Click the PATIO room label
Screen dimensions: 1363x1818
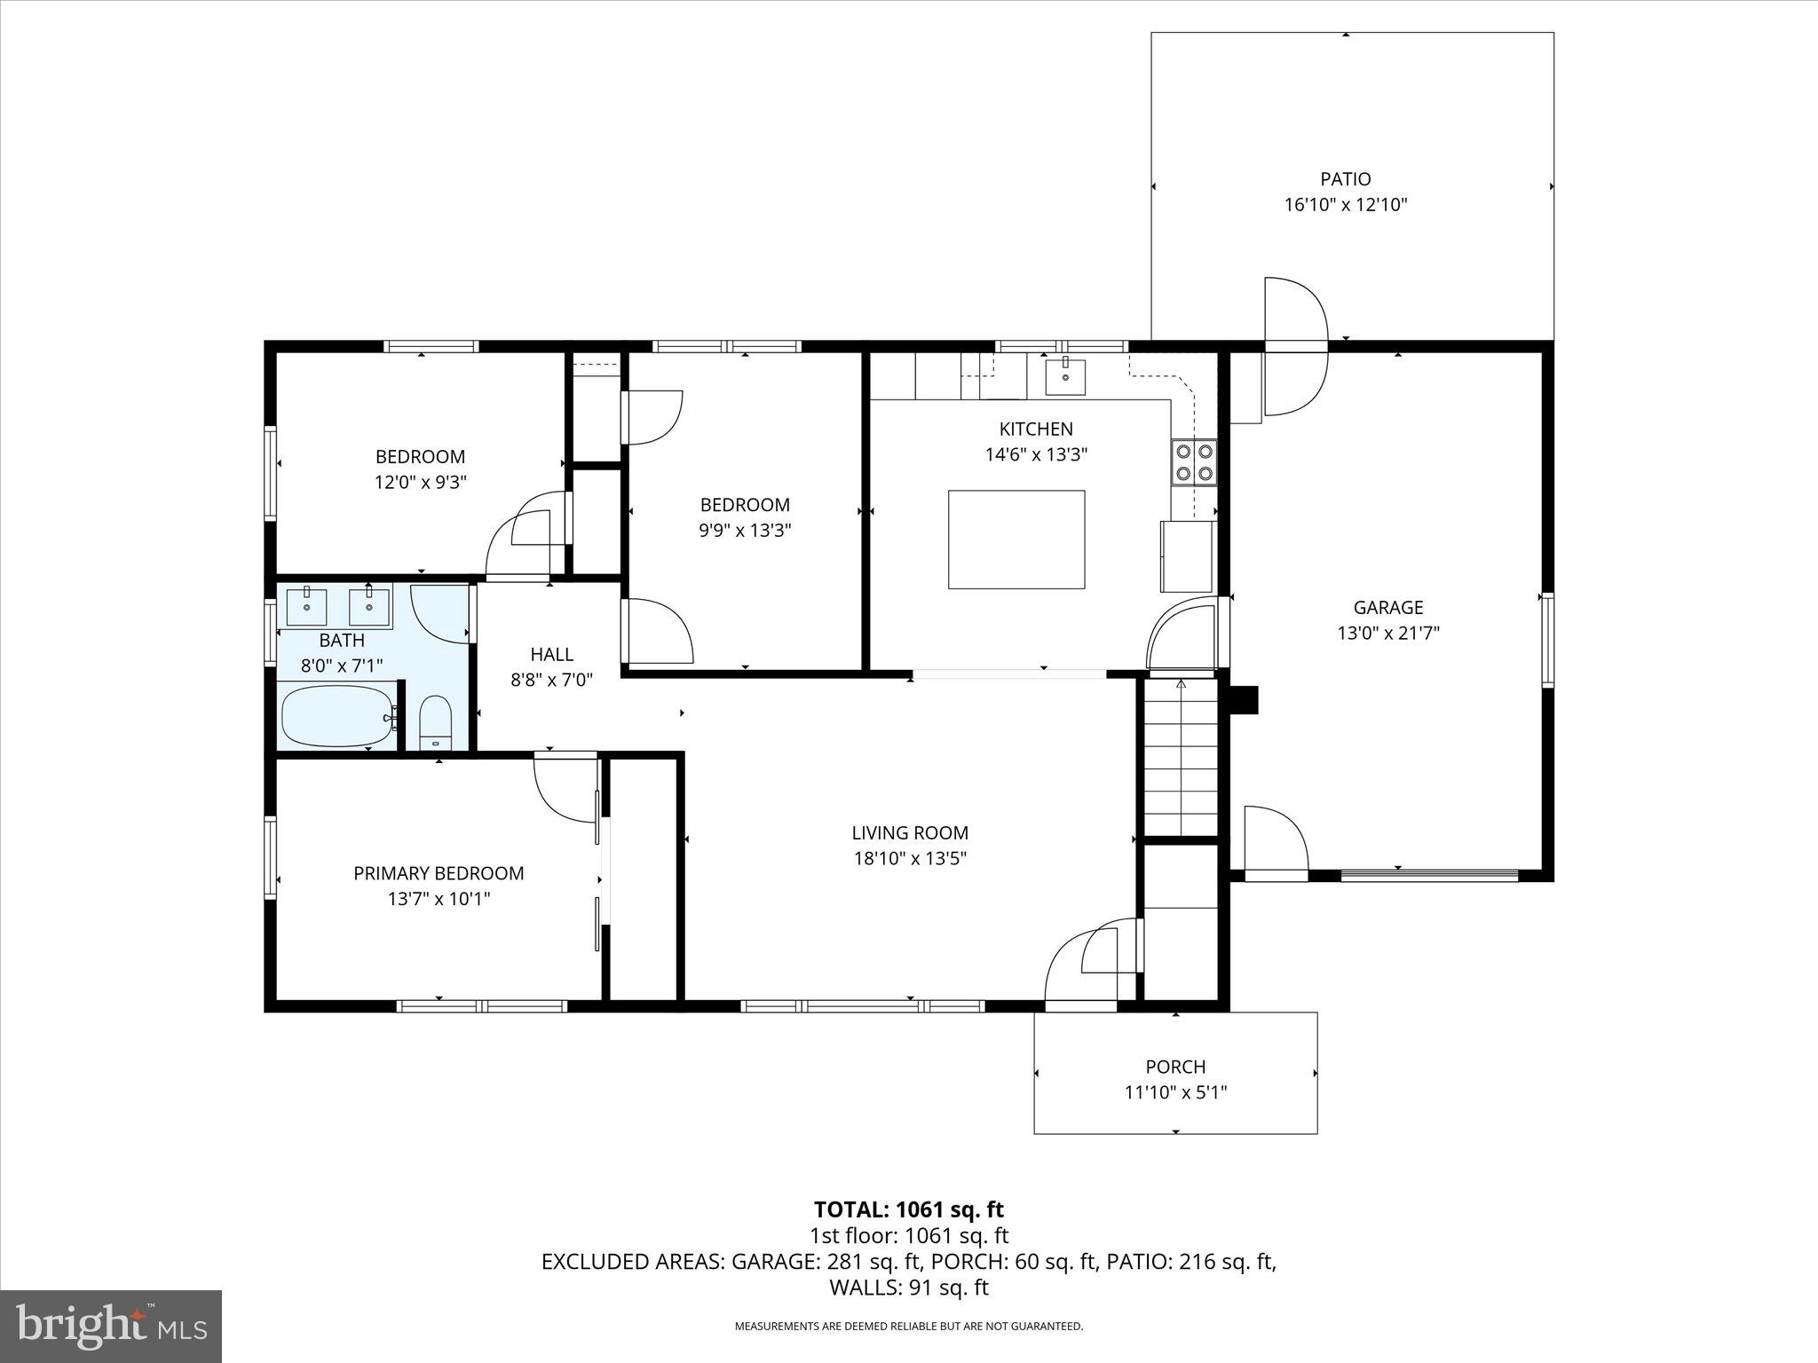point(1345,179)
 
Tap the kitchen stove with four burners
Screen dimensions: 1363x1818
point(1193,461)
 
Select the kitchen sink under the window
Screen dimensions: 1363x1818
point(1064,375)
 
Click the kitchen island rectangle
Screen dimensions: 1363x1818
point(1016,539)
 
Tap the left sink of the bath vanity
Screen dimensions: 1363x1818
point(307,606)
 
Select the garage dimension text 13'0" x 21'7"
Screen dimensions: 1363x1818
point(1387,633)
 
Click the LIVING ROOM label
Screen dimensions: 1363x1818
point(909,832)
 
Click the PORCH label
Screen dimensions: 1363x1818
point(1175,1067)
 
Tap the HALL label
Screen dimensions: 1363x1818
point(551,654)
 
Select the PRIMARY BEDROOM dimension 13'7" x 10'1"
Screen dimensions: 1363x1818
point(439,898)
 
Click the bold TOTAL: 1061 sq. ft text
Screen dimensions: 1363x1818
point(908,1209)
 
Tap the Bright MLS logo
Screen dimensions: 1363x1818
point(111,1327)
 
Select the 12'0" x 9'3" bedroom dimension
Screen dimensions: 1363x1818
point(420,482)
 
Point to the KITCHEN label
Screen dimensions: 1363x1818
point(1036,429)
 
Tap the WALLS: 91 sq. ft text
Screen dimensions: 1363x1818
point(908,1288)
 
